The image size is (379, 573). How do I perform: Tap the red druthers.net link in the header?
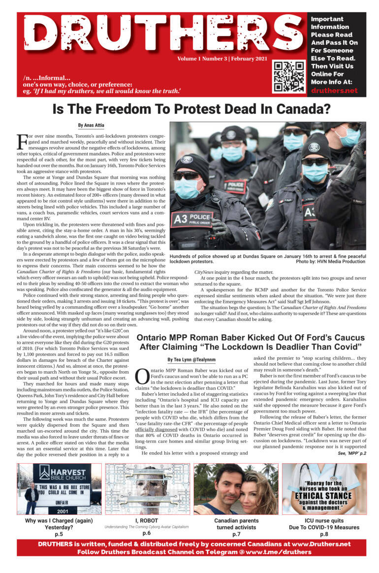click(x=334, y=91)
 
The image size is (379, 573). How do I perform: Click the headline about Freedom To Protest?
click(x=191, y=108)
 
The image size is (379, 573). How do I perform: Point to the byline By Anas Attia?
click(x=91, y=126)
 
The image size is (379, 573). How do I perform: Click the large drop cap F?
click(x=22, y=142)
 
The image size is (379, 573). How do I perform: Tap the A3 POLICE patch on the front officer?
click(x=192, y=218)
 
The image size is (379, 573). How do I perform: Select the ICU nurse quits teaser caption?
click(x=323, y=523)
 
